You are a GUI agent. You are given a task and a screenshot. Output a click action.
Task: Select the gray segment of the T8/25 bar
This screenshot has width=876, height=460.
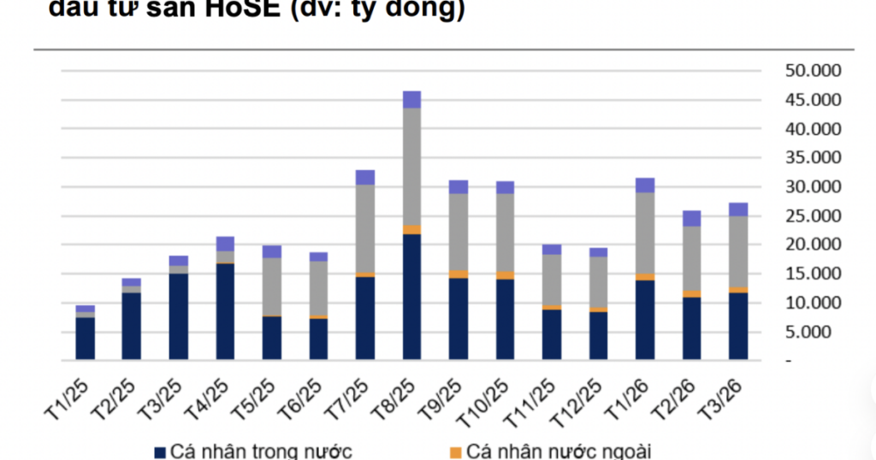(x=411, y=167)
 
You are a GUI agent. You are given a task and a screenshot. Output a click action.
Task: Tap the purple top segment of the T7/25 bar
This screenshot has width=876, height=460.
(x=365, y=177)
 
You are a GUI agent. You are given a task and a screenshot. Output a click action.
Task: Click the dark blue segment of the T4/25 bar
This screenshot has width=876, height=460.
(x=225, y=311)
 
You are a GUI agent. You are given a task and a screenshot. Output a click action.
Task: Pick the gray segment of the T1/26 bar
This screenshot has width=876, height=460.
(x=645, y=233)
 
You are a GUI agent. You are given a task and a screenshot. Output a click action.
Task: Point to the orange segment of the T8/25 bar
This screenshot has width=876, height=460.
(x=411, y=230)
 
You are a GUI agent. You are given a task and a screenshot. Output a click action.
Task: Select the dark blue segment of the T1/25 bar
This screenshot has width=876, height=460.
(x=86, y=338)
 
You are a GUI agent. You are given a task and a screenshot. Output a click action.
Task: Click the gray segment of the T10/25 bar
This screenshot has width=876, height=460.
(x=505, y=233)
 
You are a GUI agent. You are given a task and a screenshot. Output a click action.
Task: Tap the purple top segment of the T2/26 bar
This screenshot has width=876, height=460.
(x=691, y=218)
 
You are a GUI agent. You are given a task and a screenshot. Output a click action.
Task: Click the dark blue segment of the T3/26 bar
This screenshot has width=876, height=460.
(x=738, y=326)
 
